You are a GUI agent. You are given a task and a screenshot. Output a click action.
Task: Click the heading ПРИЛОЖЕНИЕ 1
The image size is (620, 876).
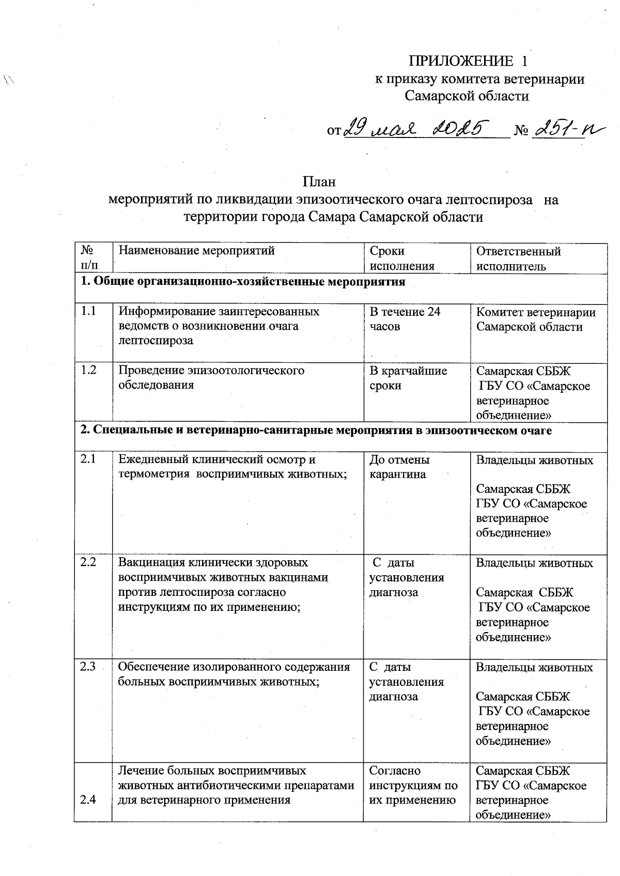coord(469,62)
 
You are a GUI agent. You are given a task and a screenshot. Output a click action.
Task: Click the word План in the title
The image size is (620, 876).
coord(319,182)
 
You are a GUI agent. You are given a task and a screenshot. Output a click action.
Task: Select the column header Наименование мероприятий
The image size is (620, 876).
coord(197,251)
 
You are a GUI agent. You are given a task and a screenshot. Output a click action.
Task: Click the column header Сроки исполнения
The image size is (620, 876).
coord(401,258)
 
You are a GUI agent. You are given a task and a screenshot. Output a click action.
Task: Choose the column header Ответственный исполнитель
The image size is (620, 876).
coord(518,258)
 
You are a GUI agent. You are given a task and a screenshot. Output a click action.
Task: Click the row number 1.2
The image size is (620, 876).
coord(88,371)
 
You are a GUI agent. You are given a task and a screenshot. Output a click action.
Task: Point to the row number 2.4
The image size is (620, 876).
coord(88,801)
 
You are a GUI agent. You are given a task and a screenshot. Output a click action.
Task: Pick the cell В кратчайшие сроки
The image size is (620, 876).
coord(408,378)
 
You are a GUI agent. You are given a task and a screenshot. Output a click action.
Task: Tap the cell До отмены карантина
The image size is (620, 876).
coord(399,467)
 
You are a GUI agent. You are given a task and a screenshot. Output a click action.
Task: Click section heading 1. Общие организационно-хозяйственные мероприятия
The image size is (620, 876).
coord(243,282)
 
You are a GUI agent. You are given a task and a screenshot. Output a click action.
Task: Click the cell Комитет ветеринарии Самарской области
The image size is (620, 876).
coord(535,319)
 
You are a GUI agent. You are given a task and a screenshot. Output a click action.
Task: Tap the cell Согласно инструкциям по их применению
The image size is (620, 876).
coord(413,786)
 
